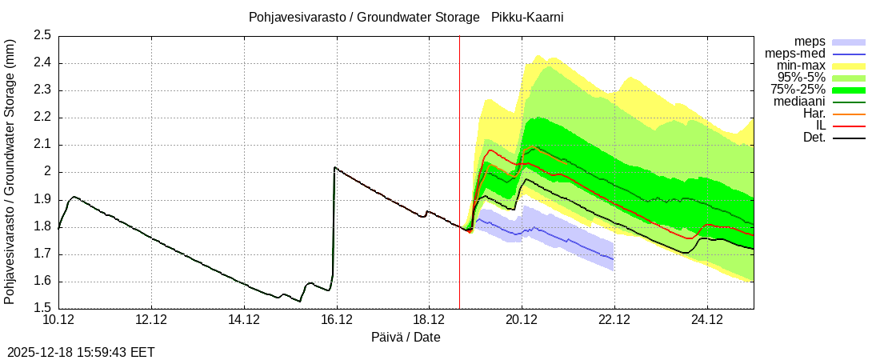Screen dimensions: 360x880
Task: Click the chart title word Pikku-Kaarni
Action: pyautogui.click(x=528, y=17)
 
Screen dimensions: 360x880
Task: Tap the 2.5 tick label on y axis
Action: pyautogui.click(x=42, y=35)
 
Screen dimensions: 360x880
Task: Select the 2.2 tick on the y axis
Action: pyautogui.click(x=42, y=118)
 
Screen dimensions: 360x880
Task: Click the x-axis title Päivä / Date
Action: pyautogui.click(x=406, y=337)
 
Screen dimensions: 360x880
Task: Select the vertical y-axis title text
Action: pyautogui.click(x=10, y=171)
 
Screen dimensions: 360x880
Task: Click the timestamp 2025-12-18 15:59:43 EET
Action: pyautogui.click(x=81, y=352)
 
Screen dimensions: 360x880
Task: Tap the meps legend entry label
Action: pyautogui.click(x=810, y=41)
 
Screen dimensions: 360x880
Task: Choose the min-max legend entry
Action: pyautogui.click(x=802, y=65)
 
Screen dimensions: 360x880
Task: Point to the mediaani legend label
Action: pyautogui.click(x=799, y=102)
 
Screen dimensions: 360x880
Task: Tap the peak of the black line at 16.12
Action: pyautogui.click(x=334, y=167)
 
